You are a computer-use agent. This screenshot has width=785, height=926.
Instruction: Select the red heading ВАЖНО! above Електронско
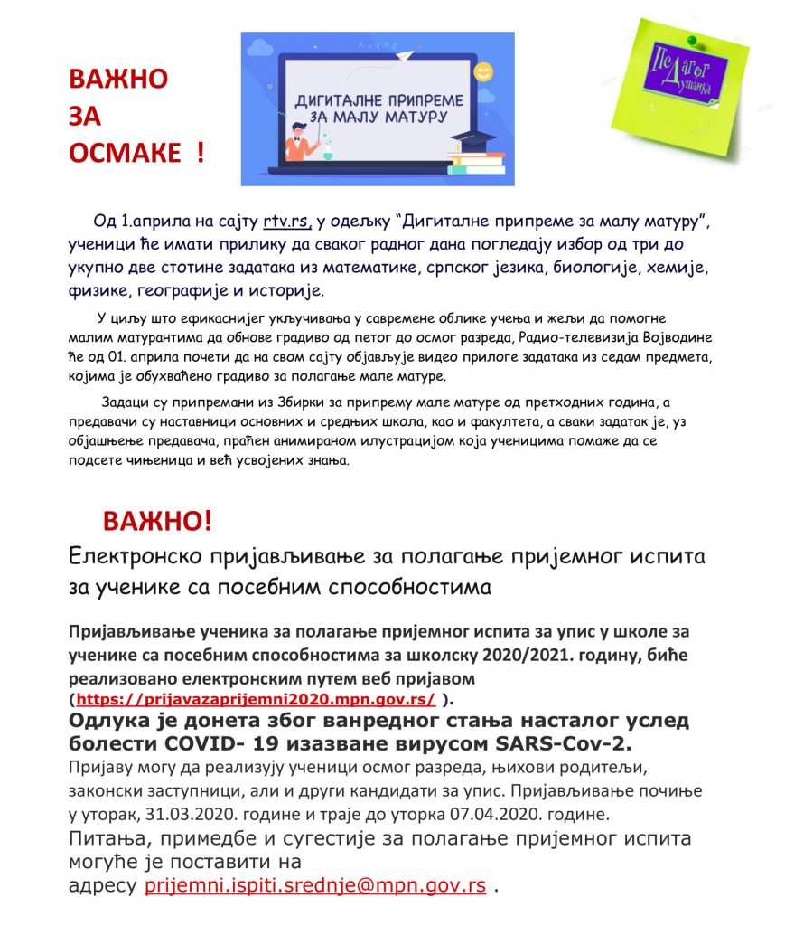(x=158, y=521)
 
